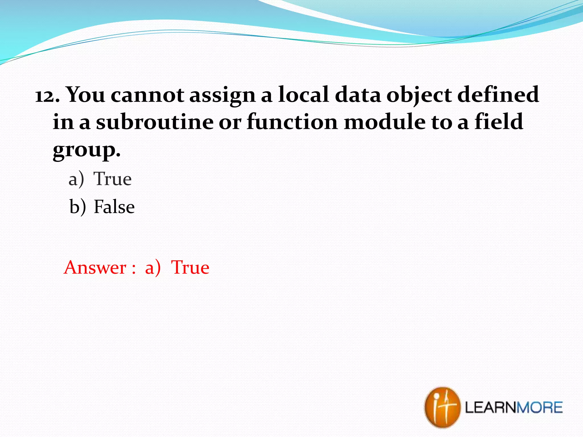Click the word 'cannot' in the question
pos(147,95)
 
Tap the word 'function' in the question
pos(292,122)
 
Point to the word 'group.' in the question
pos(87,150)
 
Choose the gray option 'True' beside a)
pos(113,179)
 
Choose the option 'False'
pos(114,207)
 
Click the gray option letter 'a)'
pos(76,180)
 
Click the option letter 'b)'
pos(77,207)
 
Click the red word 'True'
pos(190,267)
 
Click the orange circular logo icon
pos(442,407)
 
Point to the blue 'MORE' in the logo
pos(539,407)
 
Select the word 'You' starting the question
pos(86,95)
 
